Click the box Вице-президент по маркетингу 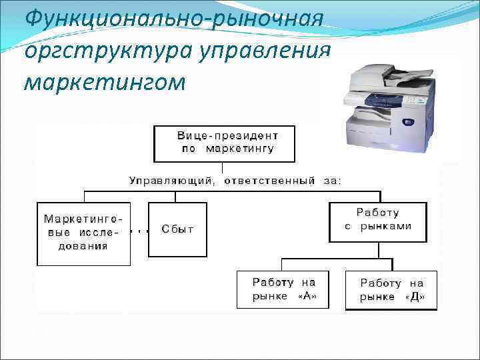click(x=225, y=143)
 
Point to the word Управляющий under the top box click(x=171, y=180)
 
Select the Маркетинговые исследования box click(x=83, y=233)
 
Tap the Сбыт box click(x=177, y=229)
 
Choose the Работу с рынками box click(x=378, y=221)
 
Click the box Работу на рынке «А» click(x=284, y=289)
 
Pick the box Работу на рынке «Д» click(x=391, y=290)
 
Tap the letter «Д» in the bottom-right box click(x=415, y=297)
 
